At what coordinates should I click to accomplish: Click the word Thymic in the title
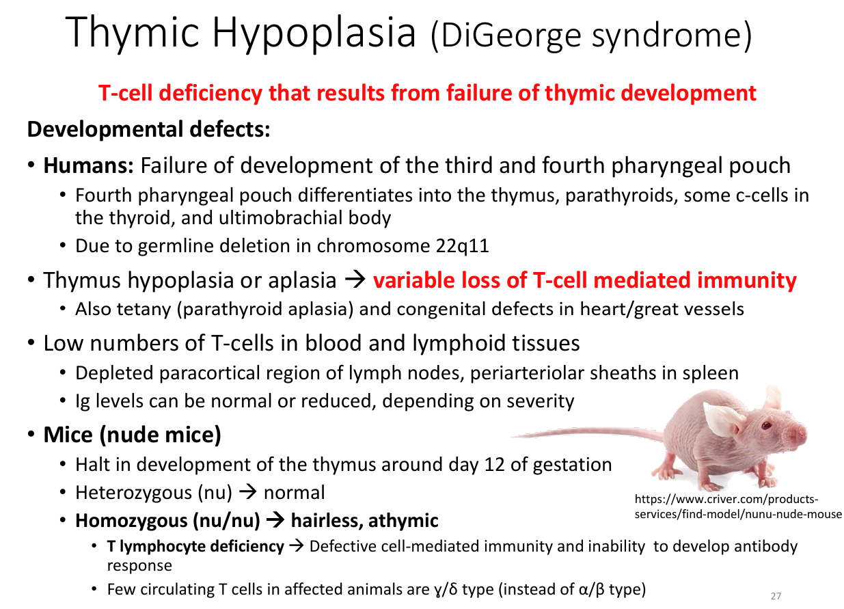(133, 34)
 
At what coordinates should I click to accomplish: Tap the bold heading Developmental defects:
(149, 129)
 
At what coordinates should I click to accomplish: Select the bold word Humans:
(89, 165)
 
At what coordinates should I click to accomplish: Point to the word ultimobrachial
(280, 218)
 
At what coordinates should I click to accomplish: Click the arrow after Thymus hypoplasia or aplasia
(355, 280)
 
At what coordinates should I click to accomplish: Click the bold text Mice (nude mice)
(133, 435)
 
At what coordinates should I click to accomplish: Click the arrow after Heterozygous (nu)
(248, 492)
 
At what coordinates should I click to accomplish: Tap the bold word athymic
(403, 521)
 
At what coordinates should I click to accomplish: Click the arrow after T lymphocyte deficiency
(297, 546)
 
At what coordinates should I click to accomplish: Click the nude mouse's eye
(766, 425)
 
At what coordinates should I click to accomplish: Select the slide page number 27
(776, 596)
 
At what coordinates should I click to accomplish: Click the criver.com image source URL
(738, 506)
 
